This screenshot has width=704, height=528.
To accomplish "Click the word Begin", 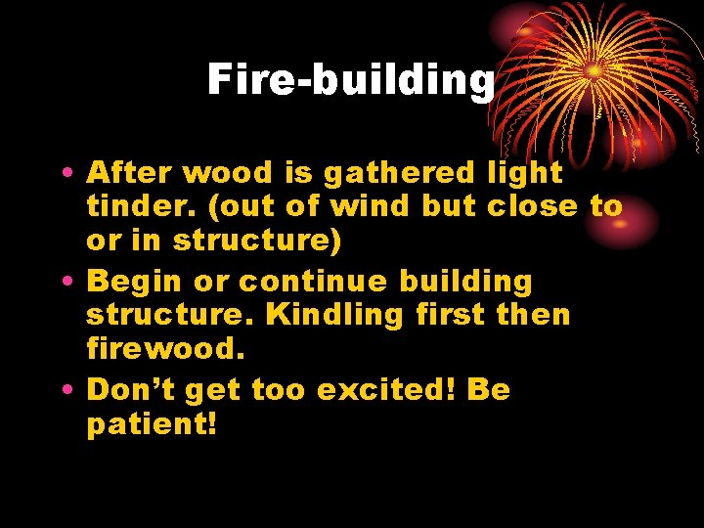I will [x=127, y=283].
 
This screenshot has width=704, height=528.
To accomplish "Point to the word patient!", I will [x=151, y=425].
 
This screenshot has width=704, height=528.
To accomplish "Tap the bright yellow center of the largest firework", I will [x=594, y=70].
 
